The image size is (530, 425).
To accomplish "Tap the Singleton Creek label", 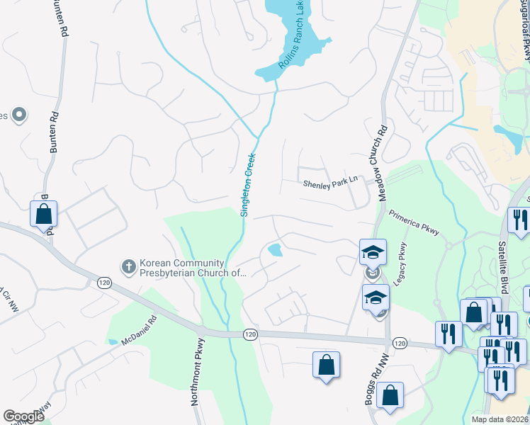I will click(247, 180).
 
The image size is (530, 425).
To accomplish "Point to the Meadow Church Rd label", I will click(381, 153).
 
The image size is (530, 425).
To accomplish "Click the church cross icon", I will click(128, 266).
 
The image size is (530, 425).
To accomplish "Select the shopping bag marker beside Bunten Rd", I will click(44, 213).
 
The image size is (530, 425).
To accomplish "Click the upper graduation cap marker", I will click(373, 251).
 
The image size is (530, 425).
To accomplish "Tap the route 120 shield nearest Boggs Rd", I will click(399, 342).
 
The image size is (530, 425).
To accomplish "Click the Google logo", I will click(23, 416).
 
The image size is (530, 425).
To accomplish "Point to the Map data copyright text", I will click(500, 419).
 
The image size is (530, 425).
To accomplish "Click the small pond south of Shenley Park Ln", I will click(274, 249).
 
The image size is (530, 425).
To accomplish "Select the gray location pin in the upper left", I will click(19, 114).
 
